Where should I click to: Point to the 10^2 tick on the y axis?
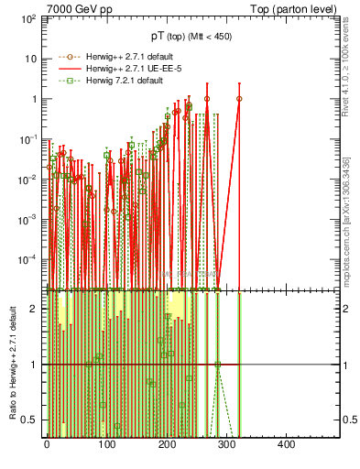click(x=27, y=18)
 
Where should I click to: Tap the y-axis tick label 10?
click(x=31, y=59)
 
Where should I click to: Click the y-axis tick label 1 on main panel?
click(x=34, y=99)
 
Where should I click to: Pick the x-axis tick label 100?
click(x=106, y=444)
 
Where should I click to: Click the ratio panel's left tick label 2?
click(x=33, y=309)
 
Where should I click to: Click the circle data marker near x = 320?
click(x=239, y=99)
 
